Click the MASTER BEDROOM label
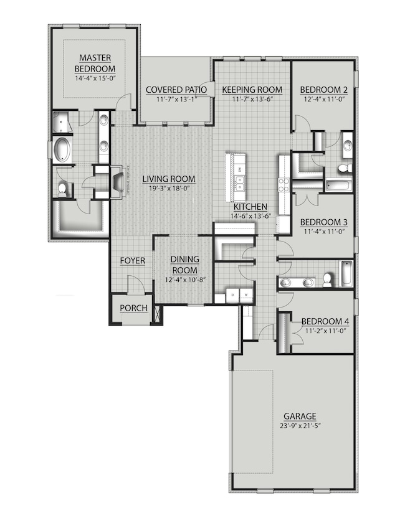(95, 64)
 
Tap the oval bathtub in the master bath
(63, 150)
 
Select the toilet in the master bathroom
(62, 190)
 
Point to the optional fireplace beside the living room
(117, 181)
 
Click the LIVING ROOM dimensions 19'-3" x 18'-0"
(168, 189)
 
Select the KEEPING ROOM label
(252, 90)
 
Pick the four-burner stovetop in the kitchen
(283, 184)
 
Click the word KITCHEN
(250, 207)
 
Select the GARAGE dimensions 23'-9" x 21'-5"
(301, 426)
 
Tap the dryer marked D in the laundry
(232, 294)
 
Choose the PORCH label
(134, 308)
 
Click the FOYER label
(131, 261)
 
